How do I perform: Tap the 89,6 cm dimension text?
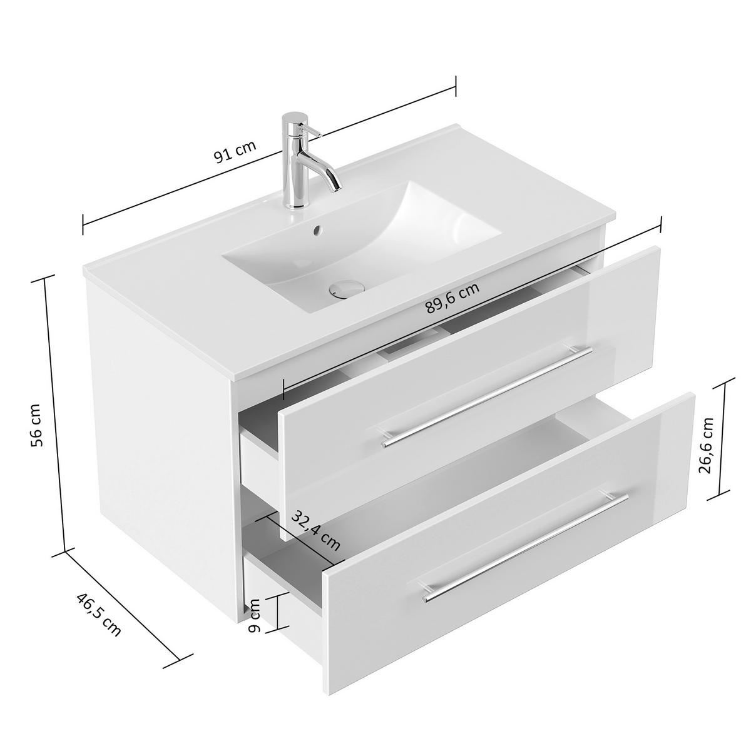452,298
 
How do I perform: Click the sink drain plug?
345,288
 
